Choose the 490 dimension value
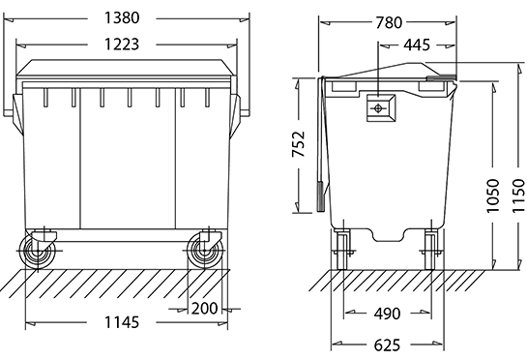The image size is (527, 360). [389, 314]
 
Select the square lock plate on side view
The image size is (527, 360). [379, 106]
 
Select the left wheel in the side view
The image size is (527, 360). [342, 250]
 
